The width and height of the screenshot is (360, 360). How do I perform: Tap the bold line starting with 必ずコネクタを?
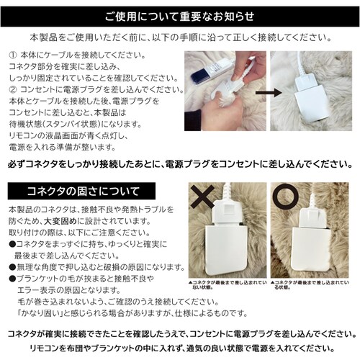180,164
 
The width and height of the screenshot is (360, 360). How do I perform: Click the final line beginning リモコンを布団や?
180,348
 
